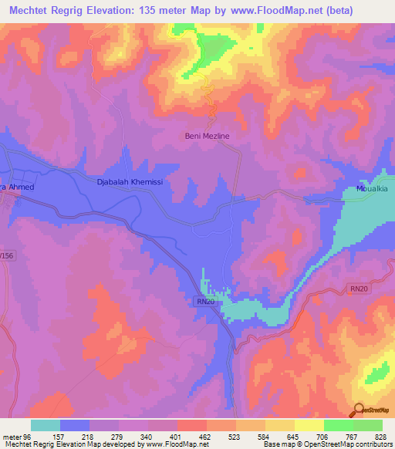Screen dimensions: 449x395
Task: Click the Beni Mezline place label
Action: [207, 136]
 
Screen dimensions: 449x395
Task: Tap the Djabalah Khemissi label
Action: [127, 182]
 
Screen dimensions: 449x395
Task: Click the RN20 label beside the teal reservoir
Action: [205, 302]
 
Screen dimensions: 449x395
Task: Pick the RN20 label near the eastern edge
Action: [360, 289]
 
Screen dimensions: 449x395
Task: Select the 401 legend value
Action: [177, 437]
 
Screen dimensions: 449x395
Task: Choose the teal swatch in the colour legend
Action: [46, 425]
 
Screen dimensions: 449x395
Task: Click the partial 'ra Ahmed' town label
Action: [17, 187]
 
